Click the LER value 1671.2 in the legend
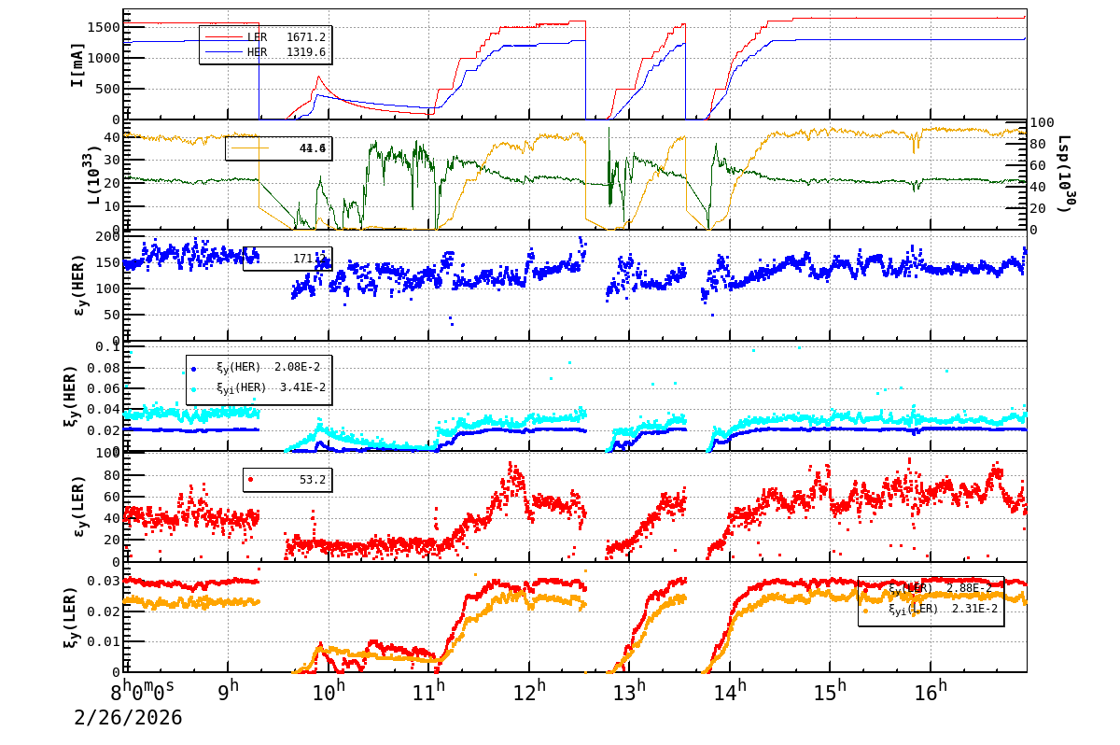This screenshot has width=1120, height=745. pos(306,37)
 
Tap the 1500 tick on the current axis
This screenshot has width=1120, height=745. pos(103,26)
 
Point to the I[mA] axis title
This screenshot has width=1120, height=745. pos(78,65)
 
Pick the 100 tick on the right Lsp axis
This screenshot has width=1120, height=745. pos(1043,123)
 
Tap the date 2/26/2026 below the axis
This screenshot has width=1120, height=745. pos(128,718)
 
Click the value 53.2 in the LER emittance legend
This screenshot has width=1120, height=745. pos(313,480)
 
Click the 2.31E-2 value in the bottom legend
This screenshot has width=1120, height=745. pos(974,609)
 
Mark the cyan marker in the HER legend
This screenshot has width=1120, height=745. pos(194,388)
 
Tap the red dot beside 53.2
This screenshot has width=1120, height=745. pos(250,480)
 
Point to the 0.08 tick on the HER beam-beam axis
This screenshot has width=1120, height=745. pos(104,367)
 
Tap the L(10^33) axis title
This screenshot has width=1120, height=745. pos(91,175)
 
